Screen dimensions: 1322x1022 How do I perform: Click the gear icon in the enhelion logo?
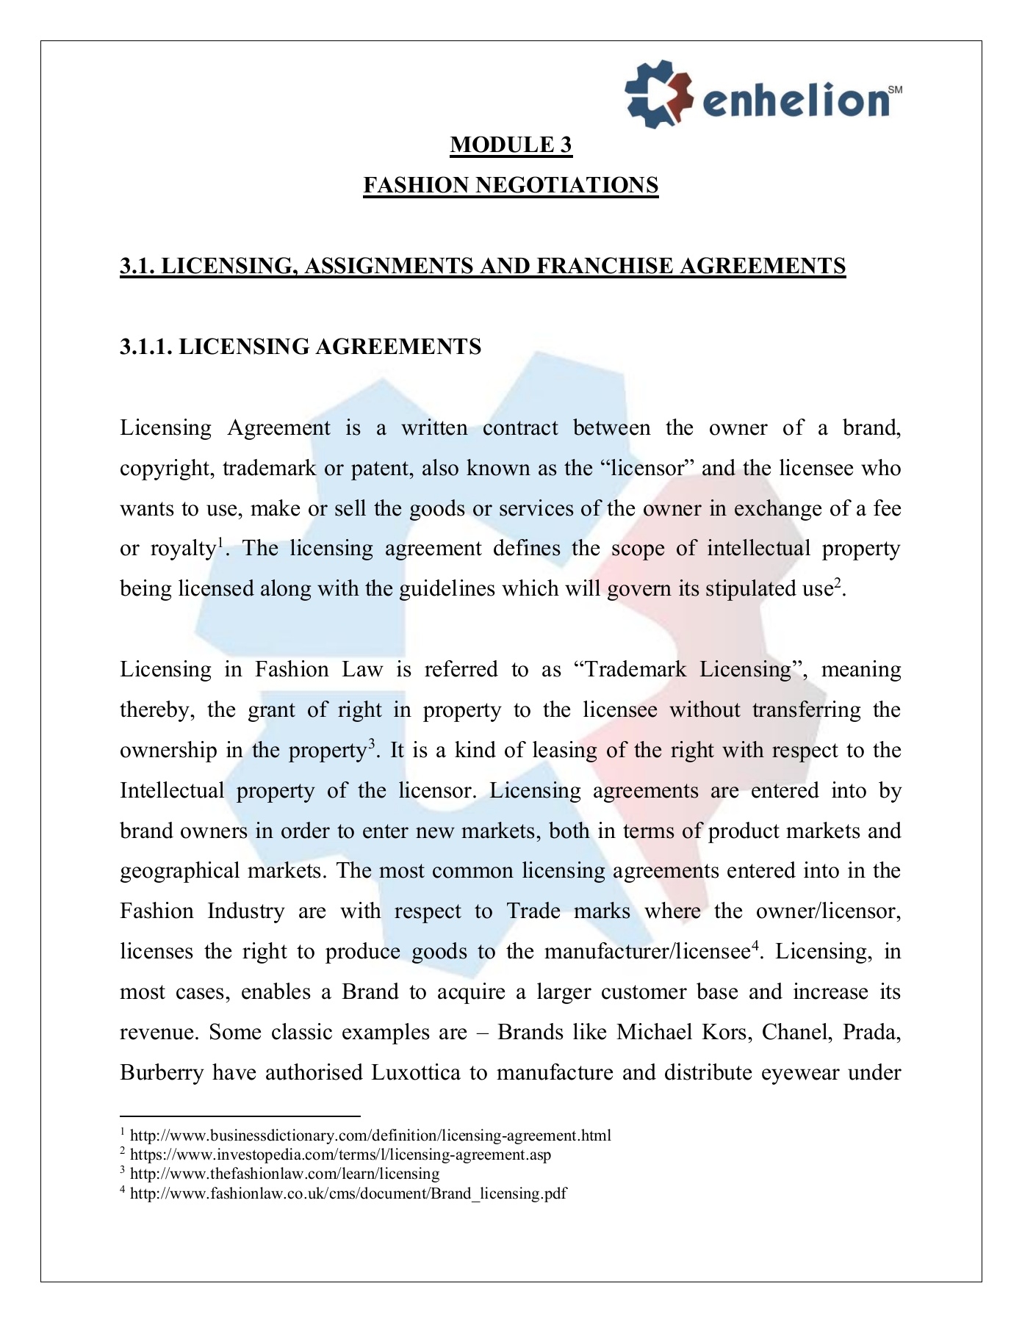[x=658, y=93]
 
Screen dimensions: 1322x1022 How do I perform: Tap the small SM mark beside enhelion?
[x=895, y=90]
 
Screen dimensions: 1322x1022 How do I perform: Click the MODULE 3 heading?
[x=511, y=145]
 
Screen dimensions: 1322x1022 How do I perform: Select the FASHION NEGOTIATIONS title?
[x=511, y=185]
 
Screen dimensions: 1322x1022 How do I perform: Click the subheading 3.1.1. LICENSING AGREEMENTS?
[x=301, y=347]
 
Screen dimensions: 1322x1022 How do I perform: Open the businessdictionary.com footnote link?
[x=370, y=1135]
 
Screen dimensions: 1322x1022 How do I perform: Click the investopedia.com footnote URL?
[x=340, y=1155]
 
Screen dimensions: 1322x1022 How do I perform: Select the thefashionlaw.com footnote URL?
[x=284, y=1174]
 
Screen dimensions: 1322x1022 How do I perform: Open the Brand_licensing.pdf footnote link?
[x=348, y=1193]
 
